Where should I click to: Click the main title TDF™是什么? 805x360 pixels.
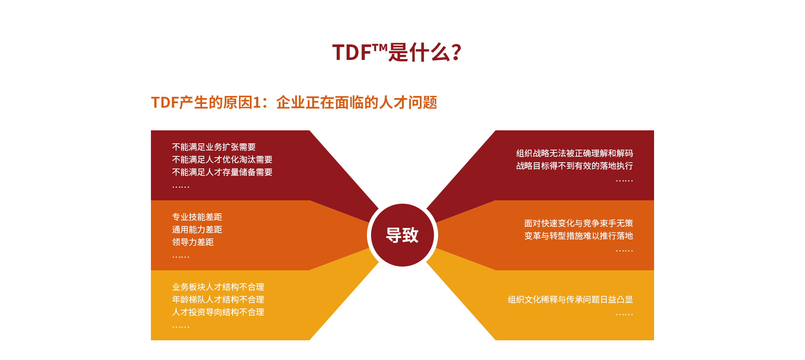tap(397, 52)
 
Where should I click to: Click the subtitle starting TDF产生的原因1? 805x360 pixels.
tap(294, 102)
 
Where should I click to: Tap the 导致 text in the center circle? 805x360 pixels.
tap(402, 235)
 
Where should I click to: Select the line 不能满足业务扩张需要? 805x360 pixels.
tap(214, 147)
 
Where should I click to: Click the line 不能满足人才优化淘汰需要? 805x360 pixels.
tap(222, 160)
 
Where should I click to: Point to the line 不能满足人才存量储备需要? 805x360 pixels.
tap(222, 172)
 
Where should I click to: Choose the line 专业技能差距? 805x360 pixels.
tap(197, 217)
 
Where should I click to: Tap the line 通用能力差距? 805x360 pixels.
tap(197, 230)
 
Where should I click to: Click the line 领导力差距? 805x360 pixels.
tap(193, 242)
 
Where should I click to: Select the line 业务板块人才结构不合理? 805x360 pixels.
tap(218, 287)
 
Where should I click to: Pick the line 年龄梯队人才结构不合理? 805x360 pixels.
tap(218, 300)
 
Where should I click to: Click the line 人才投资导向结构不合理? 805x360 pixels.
tap(218, 312)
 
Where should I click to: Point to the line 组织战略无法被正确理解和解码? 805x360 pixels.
tap(574, 153)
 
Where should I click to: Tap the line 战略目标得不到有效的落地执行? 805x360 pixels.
tap(574, 166)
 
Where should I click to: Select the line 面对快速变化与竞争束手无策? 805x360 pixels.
tap(579, 223)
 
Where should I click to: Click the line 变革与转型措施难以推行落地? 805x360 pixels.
tap(579, 236)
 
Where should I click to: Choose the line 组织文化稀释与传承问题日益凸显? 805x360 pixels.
tap(570, 300)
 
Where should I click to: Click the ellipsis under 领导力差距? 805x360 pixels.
tap(181, 257)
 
